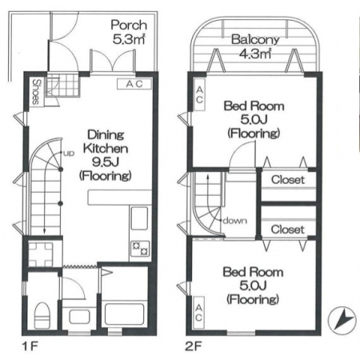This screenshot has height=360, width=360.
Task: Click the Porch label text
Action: point(129,25)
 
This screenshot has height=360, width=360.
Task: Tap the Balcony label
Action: point(255,40)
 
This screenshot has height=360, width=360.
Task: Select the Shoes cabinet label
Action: point(36,92)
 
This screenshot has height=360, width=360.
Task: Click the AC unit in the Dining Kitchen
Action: point(134,84)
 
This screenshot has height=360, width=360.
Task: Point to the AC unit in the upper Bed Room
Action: point(199,94)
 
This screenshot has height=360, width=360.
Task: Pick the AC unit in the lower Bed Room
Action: point(198,313)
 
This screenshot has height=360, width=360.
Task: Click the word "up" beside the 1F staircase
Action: point(69,154)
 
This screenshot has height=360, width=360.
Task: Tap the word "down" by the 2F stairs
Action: point(235,221)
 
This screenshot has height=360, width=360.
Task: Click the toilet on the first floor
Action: point(42,314)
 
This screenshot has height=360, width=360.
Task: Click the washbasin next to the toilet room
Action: point(79,317)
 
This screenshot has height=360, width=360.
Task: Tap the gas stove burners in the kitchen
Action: point(141,249)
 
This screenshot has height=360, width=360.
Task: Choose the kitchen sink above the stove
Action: point(140,218)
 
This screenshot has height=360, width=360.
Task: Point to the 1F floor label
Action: point(30,346)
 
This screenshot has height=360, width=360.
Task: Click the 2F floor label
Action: point(194,346)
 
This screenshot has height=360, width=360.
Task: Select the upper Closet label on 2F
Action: point(288,180)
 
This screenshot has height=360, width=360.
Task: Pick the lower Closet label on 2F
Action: point(287,230)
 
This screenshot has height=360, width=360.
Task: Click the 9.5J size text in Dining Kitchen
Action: point(106,162)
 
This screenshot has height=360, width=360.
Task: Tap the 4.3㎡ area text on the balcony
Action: point(255,54)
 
